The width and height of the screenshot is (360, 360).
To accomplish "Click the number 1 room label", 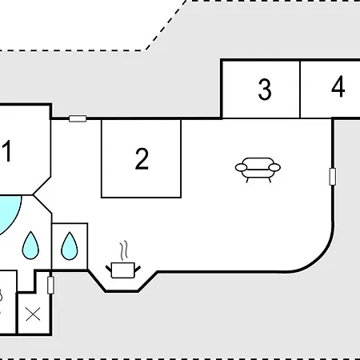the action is [6, 151].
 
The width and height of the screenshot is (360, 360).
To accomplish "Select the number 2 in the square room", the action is [142, 158].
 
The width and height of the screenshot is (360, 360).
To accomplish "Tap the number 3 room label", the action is [265, 90].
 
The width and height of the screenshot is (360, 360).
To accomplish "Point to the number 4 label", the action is [338, 86].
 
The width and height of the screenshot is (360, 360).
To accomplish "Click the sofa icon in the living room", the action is [258, 170].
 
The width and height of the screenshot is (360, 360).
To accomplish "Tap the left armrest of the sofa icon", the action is [241, 167].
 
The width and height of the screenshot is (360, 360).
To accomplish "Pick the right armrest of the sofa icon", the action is [274, 167].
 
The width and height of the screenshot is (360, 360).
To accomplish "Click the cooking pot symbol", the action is [123, 270].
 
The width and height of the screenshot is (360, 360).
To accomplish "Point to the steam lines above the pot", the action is [123, 250].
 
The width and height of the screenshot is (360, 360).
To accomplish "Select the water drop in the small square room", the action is [70, 246].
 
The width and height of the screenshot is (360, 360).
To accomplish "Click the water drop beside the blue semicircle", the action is [30, 246].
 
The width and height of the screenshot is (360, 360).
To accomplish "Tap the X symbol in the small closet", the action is [33, 314].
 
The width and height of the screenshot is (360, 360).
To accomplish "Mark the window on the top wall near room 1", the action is [78, 118].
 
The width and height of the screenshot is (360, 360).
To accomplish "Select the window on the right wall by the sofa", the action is [333, 177].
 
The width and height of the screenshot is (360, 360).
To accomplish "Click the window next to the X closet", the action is [50, 286].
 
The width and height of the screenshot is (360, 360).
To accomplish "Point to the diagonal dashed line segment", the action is [166, 26].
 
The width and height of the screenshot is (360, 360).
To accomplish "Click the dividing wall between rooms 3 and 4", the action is [300, 90].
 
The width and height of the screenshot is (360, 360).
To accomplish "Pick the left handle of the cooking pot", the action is [109, 269].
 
